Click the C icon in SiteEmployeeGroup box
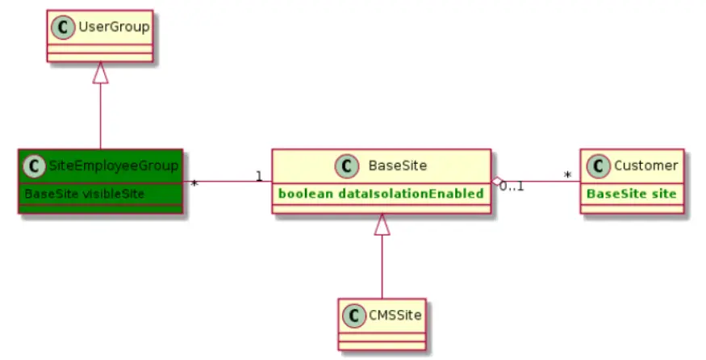[33, 166]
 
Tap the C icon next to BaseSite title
[347, 166]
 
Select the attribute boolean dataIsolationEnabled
[381, 194]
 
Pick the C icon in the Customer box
[598, 166]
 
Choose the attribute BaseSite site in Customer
[630, 194]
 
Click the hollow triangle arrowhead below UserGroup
[100, 73]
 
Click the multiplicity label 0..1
[512, 187]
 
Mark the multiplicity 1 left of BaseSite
[259, 175]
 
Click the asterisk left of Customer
[568, 174]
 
